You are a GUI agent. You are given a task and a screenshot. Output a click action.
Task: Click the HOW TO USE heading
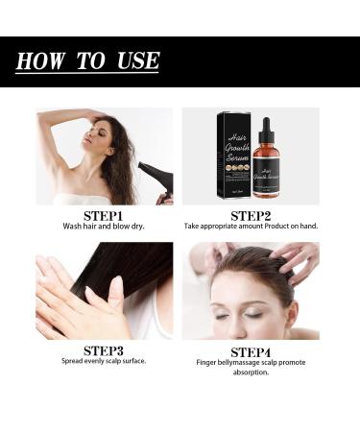[x=87, y=61]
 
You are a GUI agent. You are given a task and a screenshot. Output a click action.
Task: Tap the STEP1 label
[x=103, y=215]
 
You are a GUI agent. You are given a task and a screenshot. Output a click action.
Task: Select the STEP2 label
[x=251, y=215]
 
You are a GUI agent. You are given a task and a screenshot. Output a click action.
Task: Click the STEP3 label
[x=103, y=350]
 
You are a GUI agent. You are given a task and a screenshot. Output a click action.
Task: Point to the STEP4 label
[x=251, y=350]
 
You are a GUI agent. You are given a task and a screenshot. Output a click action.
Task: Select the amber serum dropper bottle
[x=266, y=171]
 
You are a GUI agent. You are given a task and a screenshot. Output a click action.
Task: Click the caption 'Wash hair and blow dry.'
[x=103, y=227]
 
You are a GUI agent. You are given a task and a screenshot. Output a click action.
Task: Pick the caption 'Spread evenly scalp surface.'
[x=103, y=361]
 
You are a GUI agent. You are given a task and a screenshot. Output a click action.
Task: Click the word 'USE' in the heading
[x=134, y=61]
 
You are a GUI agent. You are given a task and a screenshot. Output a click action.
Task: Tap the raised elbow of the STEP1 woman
[x=44, y=119]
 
